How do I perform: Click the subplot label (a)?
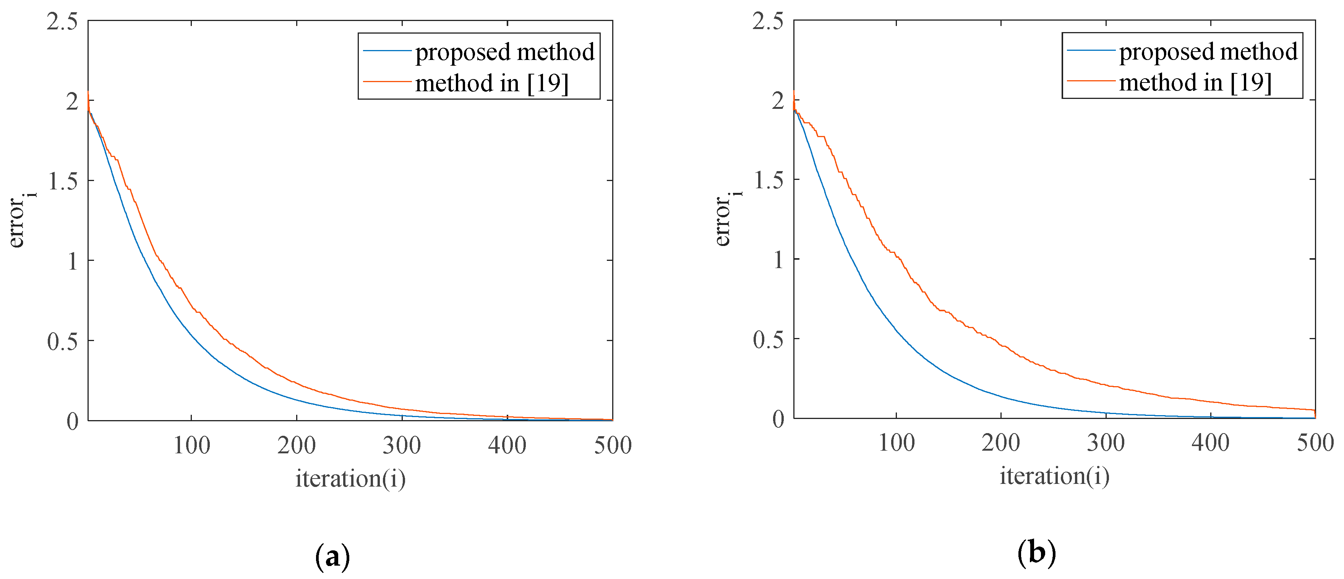[x=332, y=557]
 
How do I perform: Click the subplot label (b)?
[x=1036, y=553]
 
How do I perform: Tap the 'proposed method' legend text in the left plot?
[x=504, y=52]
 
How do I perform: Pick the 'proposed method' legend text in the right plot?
[x=1208, y=52]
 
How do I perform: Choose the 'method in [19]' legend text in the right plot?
[x=1195, y=83]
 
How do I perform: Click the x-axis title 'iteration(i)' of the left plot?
[x=350, y=478]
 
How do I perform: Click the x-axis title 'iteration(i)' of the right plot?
[x=1054, y=476]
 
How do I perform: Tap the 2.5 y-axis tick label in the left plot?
[x=62, y=22]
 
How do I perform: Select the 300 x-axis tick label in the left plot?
[x=402, y=445]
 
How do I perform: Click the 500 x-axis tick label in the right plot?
[x=1315, y=443]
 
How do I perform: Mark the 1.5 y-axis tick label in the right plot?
[x=768, y=180]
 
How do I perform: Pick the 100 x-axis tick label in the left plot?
[x=191, y=445]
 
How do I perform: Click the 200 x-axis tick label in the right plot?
[x=1001, y=443]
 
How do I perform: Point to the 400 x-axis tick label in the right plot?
[x=1210, y=443]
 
